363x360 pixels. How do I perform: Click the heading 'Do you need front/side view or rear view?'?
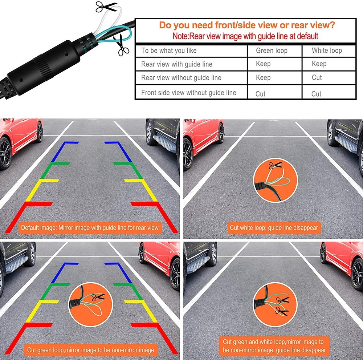pyautogui.click(x=247, y=25)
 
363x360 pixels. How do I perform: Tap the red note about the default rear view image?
pyautogui.click(x=245, y=36)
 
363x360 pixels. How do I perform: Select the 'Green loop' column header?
pyautogui.click(x=271, y=50)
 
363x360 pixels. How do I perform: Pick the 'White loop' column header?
pyautogui.click(x=327, y=50)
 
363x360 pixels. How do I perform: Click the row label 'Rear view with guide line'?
pyautogui.click(x=177, y=64)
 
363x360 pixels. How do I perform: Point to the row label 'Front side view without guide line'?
pyautogui.click(x=188, y=93)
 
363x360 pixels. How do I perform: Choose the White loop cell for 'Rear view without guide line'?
pyautogui.click(x=317, y=77)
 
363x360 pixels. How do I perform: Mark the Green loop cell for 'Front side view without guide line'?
pyautogui.click(x=260, y=94)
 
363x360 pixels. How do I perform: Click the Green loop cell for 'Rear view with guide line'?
pyautogui.click(x=263, y=64)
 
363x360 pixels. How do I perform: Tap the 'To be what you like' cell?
pyautogui.click(x=169, y=50)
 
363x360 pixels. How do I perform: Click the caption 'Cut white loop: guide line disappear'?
pyautogui.click(x=274, y=228)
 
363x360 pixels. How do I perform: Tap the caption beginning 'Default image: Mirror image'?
pyautogui.click(x=90, y=228)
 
